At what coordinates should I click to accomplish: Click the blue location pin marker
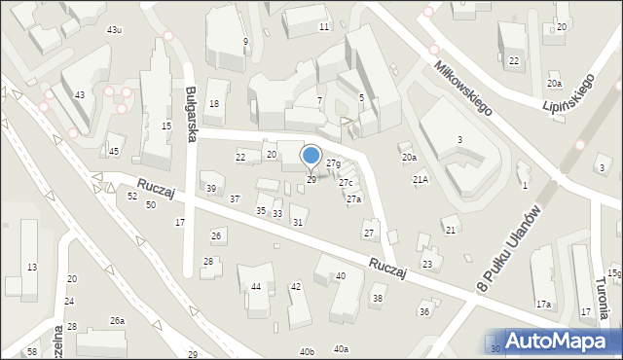[311, 157]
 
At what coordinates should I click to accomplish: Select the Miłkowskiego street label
[462, 86]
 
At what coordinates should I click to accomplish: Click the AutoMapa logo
[554, 342]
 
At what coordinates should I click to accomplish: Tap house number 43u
[115, 30]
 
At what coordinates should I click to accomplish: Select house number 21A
[421, 180]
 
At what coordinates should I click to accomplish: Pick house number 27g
[333, 163]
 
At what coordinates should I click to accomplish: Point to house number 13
[32, 267]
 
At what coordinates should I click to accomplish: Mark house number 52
[132, 197]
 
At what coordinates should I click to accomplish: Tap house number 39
[210, 188]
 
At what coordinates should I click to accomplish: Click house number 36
[423, 310]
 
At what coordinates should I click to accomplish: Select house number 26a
[117, 320]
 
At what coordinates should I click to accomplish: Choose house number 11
[323, 26]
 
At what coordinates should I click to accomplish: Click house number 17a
[543, 305]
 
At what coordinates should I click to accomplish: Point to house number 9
[245, 41]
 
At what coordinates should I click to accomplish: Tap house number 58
[32, 351]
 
